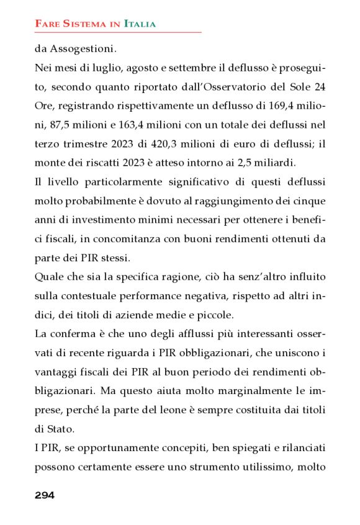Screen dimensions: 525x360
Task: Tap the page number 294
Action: click(45, 495)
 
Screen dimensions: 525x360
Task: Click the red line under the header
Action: click(118, 32)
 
